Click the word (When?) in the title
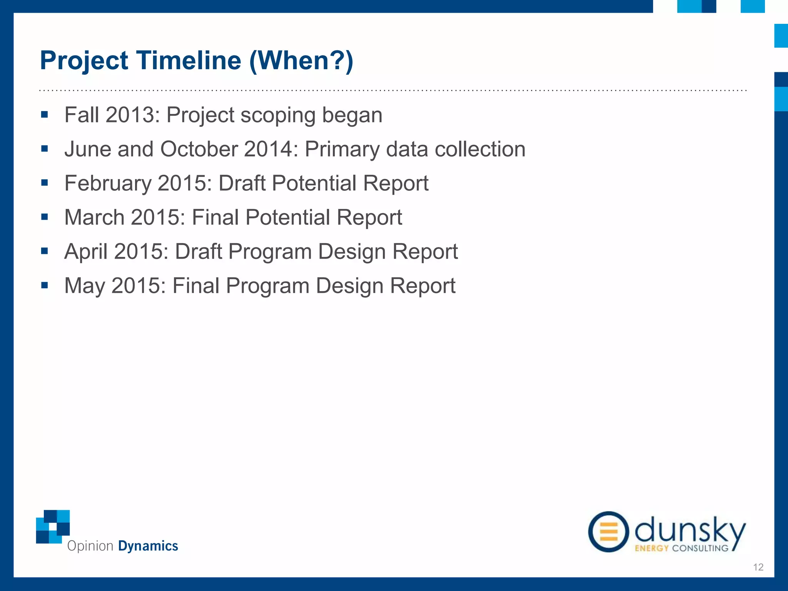[x=301, y=60]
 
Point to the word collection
[x=480, y=149]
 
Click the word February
[x=108, y=183]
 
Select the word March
[x=95, y=217]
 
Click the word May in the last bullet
[x=85, y=286]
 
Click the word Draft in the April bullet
[x=198, y=252]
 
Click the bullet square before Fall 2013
[x=45, y=115]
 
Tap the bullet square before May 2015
[x=45, y=285]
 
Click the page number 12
[x=758, y=567]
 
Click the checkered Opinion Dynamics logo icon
[x=53, y=526]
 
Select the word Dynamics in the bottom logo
[x=148, y=546]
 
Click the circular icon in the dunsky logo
[x=608, y=532]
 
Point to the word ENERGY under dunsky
[x=651, y=548]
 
